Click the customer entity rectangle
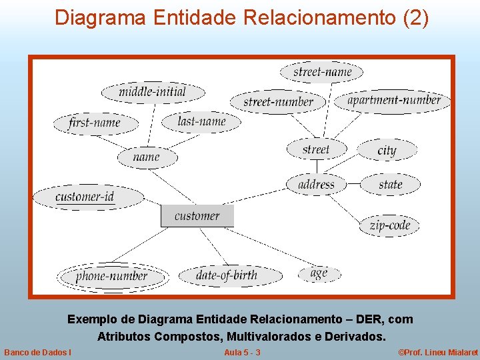(197, 215)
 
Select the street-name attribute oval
(322, 71)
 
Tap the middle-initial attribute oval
(153, 92)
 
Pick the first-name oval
(95, 123)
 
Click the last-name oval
(202, 121)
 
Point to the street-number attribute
(278, 102)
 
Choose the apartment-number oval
(395, 101)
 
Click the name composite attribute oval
(147, 157)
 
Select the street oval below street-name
(316, 149)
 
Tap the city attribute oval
(387, 150)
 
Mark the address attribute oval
(317, 184)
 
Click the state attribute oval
(391, 184)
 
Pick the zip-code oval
(390, 225)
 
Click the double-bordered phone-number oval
(112, 276)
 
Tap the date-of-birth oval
(227, 275)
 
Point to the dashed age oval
(319, 273)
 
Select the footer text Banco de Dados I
(39, 352)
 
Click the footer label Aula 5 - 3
(242, 352)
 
